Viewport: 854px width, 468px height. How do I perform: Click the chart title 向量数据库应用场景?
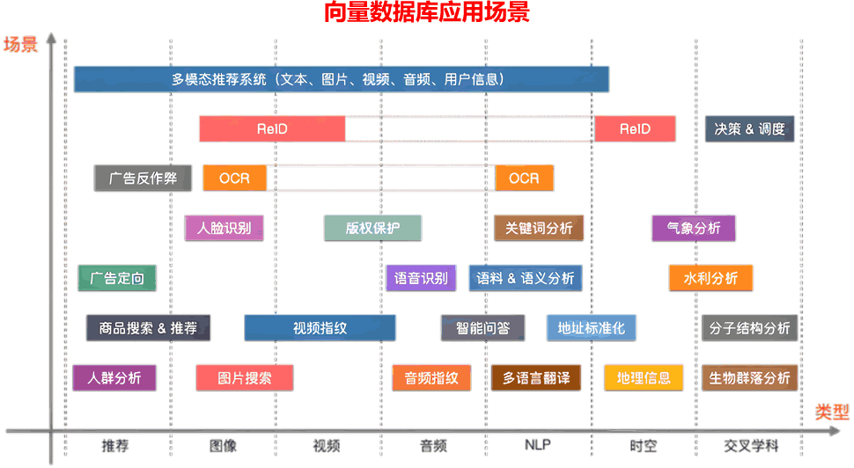point(426,12)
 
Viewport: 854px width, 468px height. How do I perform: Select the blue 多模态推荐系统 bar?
point(342,79)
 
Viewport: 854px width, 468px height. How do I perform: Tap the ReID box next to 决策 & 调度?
point(635,129)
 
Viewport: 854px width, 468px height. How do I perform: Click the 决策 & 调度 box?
point(749,129)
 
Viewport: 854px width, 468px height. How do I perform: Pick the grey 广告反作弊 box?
point(143,178)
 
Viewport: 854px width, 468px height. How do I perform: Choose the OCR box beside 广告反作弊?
point(235,178)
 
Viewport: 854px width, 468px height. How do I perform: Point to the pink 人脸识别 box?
point(224,228)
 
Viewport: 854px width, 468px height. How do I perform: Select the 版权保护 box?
point(372,228)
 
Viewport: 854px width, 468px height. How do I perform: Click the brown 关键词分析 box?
point(539,228)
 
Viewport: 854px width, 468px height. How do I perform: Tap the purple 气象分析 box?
point(694,228)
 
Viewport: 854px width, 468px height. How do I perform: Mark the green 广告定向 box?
point(117,278)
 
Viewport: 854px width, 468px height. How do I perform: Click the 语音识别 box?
point(421,278)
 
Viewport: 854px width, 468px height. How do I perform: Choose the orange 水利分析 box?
point(710,278)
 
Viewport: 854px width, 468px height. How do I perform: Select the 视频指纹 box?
point(320,328)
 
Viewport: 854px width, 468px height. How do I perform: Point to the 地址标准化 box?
point(592,328)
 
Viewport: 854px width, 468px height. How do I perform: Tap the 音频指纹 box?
point(431,378)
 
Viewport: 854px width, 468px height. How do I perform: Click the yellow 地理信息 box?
point(644,378)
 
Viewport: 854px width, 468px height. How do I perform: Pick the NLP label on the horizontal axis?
point(538,445)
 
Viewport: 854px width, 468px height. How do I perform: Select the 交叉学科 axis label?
point(751,446)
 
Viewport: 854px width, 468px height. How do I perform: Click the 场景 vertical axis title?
point(21,44)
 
